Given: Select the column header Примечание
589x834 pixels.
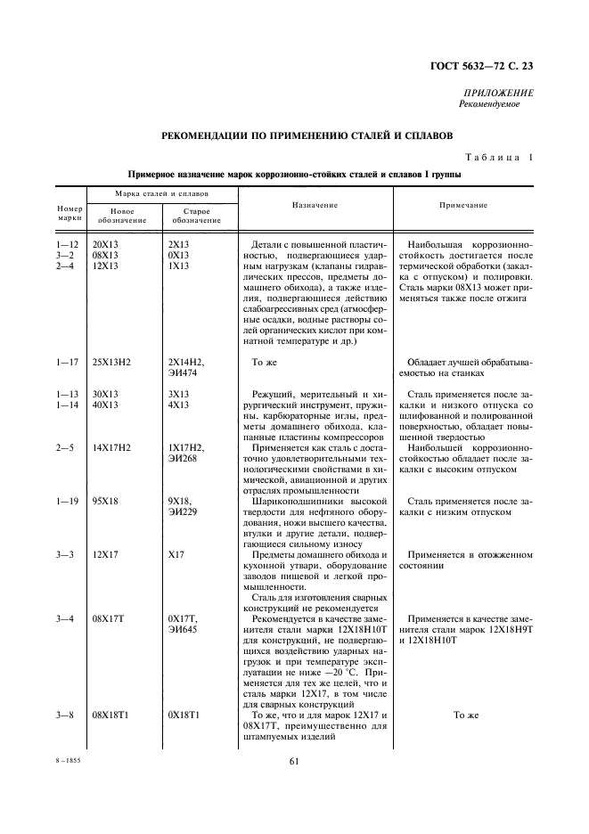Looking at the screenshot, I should tap(463, 205).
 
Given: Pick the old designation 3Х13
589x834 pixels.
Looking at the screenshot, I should tap(178, 393).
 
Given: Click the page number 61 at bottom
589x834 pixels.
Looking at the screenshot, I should tap(293, 761).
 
